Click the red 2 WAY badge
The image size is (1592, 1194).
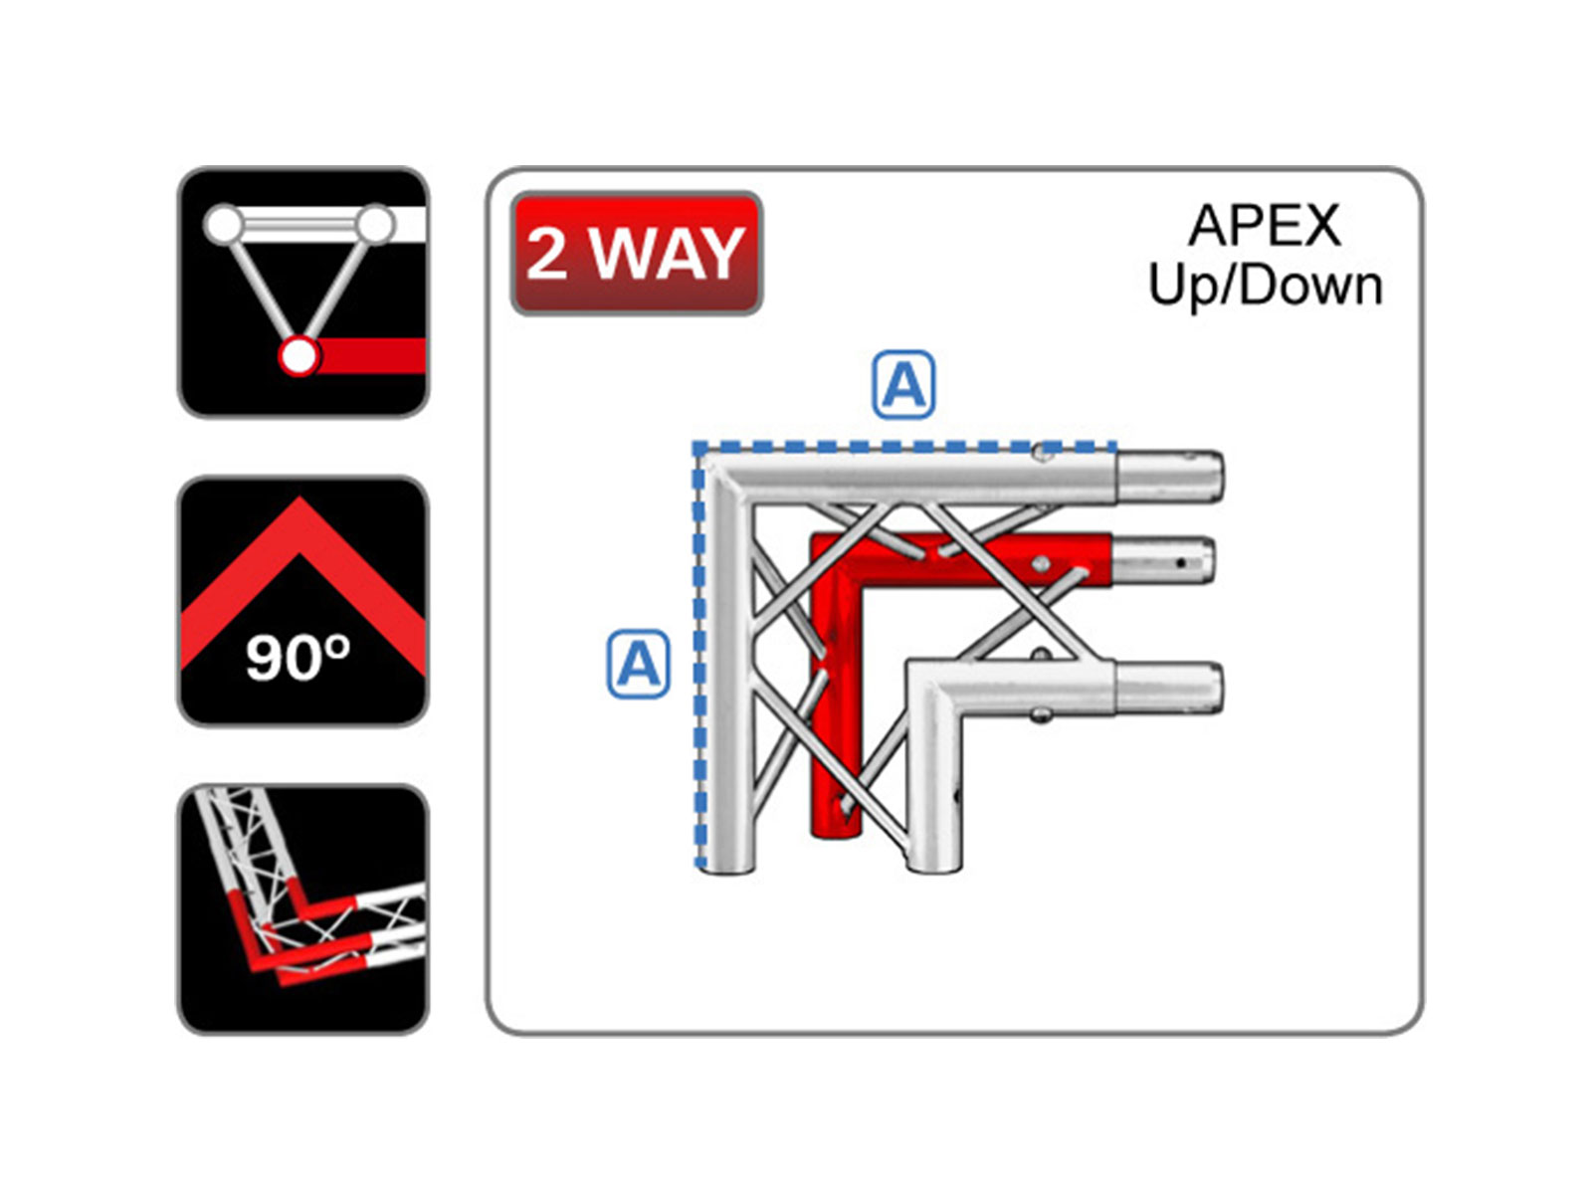tap(636, 253)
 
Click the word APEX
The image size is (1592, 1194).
tap(1265, 226)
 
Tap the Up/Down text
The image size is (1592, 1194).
tap(1265, 286)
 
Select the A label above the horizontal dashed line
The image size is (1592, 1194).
tap(903, 384)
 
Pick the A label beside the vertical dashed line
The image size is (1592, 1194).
tap(638, 664)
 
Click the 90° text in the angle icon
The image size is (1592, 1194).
tap(298, 658)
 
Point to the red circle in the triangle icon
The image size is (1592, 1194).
tap(299, 356)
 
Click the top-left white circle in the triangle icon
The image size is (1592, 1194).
tap(224, 224)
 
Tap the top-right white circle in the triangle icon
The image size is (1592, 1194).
tap(376, 224)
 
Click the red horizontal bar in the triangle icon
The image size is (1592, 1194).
tap(372, 356)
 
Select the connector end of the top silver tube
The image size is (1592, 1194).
tap(1169, 477)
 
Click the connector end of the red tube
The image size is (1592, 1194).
tap(1162, 560)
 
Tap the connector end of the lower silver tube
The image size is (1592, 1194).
tap(1169, 688)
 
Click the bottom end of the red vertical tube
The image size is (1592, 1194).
tap(836, 827)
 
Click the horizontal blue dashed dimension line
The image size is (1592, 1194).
tap(904, 447)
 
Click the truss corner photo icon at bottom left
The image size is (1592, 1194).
tap(303, 909)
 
